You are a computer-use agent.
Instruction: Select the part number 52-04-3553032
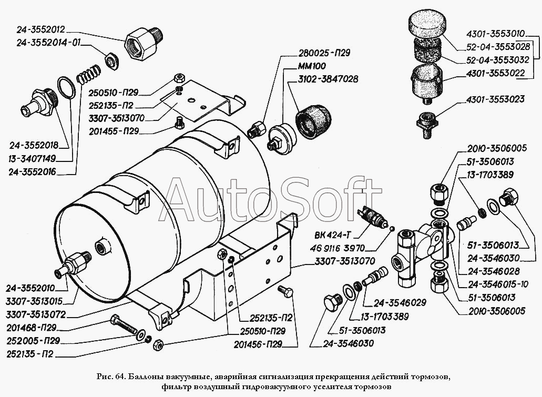[x=497, y=60]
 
